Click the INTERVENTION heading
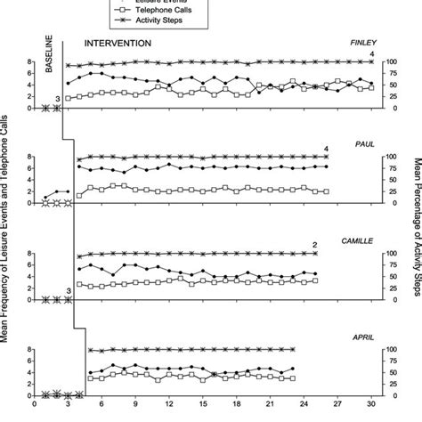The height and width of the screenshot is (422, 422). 117,42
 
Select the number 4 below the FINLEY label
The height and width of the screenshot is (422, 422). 370,54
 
